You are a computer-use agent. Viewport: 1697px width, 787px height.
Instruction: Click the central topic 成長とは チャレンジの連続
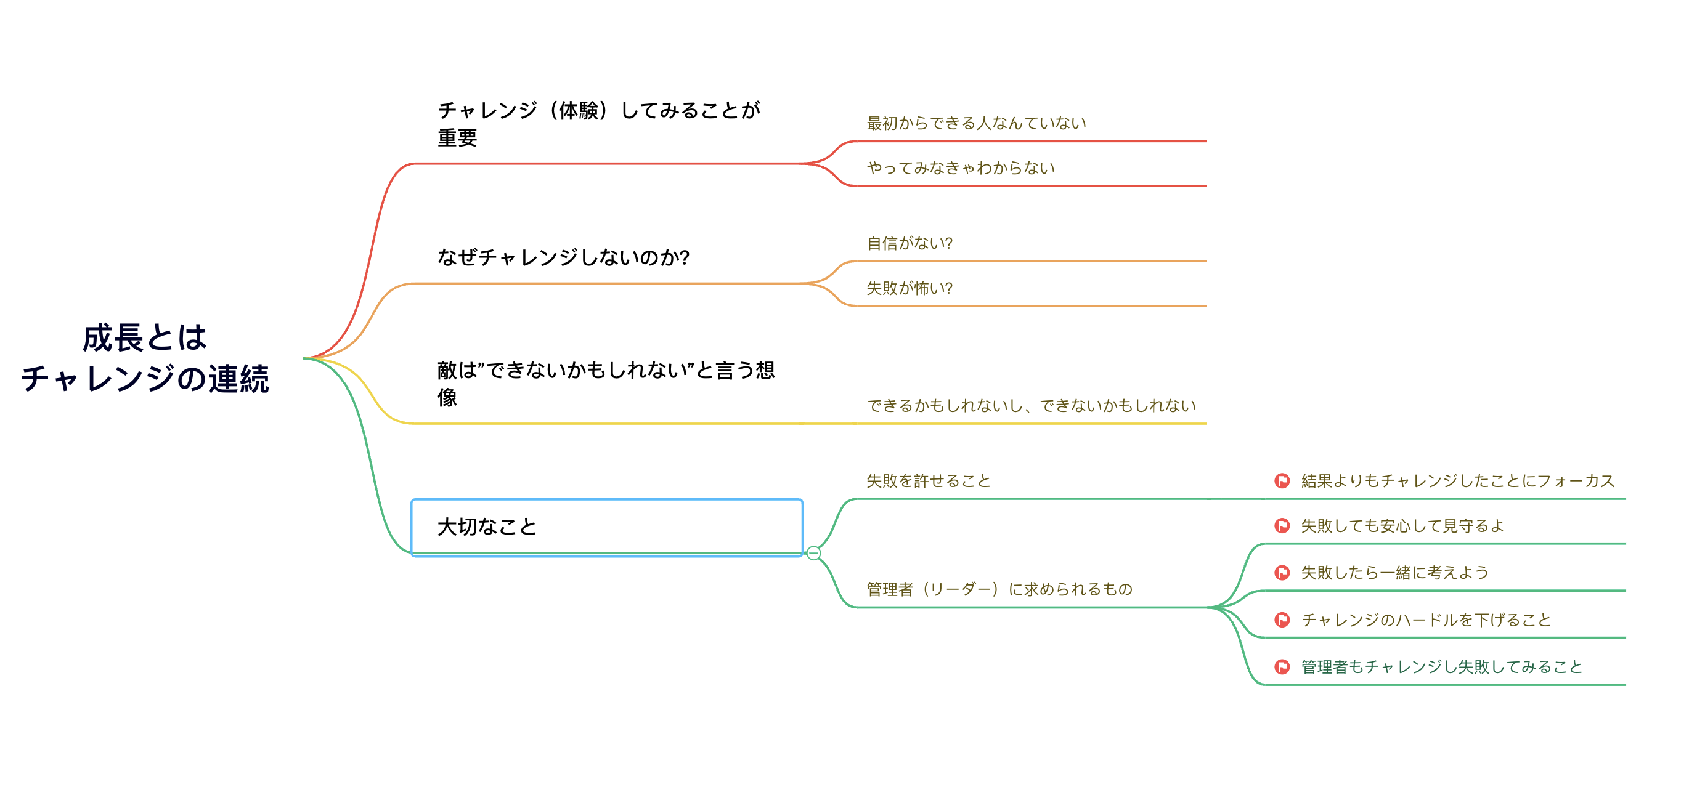pos(145,358)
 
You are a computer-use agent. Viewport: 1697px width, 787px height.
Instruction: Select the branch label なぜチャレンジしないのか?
pos(563,257)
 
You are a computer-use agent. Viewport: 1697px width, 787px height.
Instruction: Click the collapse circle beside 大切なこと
pos(813,553)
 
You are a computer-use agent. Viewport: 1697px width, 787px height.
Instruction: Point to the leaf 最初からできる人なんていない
pos(975,123)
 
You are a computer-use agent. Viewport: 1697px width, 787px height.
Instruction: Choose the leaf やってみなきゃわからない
pos(961,168)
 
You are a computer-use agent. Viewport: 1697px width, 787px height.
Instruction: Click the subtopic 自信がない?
pos(909,243)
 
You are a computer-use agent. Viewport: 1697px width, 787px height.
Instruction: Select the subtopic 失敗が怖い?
pos(909,288)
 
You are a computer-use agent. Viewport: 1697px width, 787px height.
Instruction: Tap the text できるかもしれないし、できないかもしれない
pos(1031,406)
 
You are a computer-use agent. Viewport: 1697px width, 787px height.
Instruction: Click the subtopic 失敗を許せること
pos(928,481)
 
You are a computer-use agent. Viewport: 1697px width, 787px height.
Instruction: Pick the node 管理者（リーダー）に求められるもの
pos(999,589)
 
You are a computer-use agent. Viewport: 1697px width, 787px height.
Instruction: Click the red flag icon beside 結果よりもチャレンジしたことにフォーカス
pos(1282,481)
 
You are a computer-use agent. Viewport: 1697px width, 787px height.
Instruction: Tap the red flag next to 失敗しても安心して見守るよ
pos(1282,525)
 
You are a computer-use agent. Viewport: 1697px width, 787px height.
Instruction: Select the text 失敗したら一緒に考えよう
pos(1394,572)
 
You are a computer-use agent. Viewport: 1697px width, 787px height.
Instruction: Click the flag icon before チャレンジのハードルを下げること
pos(1282,620)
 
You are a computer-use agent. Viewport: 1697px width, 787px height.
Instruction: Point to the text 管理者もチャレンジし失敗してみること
pos(1441,666)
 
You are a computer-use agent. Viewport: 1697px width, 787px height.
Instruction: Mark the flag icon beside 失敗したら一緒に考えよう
pos(1282,572)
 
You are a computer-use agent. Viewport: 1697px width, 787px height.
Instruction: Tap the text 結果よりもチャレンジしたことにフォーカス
pos(1458,481)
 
